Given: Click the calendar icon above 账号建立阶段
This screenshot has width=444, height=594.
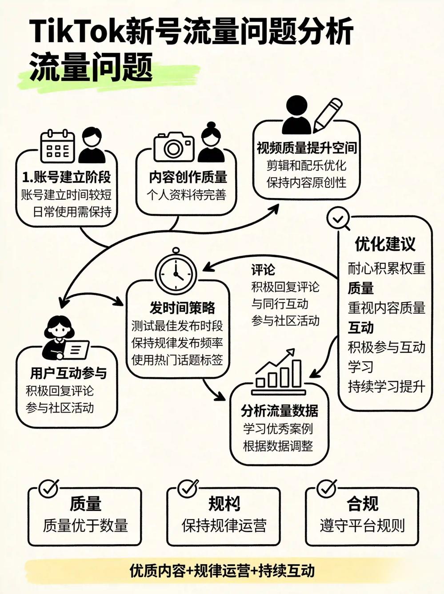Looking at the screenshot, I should (57, 146).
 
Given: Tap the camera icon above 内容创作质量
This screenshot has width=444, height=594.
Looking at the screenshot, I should (174, 146).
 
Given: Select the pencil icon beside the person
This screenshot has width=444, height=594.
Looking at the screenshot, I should (328, 114).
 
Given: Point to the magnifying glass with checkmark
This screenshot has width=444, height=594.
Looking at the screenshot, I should (338, 219).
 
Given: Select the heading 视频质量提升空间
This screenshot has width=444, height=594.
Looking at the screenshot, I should (307, 148).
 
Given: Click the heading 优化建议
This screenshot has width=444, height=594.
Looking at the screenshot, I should (385, 244).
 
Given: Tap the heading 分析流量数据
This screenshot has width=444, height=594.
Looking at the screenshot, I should (280, 410).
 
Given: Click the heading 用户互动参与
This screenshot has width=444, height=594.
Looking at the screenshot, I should (68, 373).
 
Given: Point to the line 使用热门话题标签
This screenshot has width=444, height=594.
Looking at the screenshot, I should (177, 360).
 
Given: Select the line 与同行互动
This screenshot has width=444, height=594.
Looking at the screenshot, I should (280, 304).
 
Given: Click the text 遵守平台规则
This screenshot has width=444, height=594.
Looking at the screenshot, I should (362, 525).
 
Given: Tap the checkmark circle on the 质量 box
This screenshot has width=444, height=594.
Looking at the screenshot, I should (48, 489).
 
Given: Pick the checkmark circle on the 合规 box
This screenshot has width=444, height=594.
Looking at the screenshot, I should (327, 489).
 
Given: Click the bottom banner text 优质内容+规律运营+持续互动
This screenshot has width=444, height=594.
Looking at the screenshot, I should (222, 570).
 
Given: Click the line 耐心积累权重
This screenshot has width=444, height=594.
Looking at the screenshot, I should (386, 269).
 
